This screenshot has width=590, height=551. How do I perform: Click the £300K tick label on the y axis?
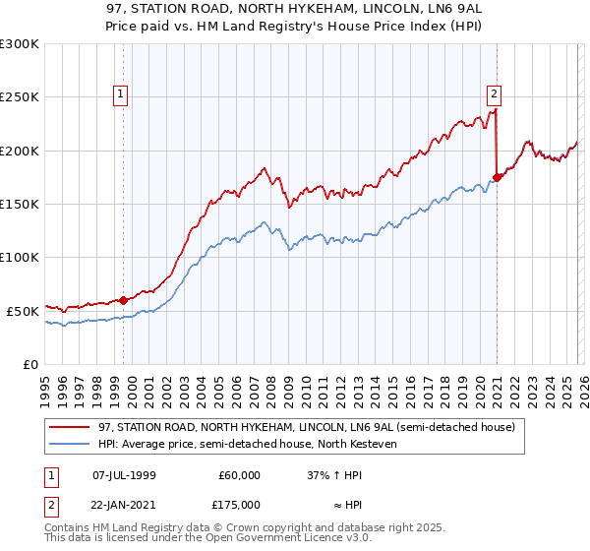click(x=19, y=44)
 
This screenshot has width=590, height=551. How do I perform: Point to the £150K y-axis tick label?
click(x=19, y=204)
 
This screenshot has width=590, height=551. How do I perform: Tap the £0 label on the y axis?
click(x=29, y=364)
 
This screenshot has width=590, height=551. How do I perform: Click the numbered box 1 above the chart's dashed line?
click(x=121, y=95)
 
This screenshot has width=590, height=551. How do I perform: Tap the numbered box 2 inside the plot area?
click(x=493, y=95)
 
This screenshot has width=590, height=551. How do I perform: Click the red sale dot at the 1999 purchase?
click(x=124, y=300)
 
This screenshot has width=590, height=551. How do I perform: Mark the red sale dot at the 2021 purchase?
click(x=498, y=177)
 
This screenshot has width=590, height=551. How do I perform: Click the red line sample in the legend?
click(x=71, y=427)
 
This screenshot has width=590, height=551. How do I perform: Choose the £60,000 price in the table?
click(x=239, y=475)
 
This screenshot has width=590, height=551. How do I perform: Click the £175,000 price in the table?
click(x=239, y=505)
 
